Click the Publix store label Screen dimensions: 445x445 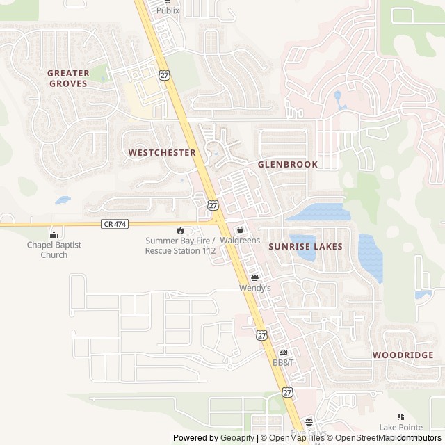[167, 10]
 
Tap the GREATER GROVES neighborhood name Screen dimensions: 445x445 [68, 78]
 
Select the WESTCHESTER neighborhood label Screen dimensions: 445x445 [162, 152]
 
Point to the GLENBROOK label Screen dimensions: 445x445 [287, 165]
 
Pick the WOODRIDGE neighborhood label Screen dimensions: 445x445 [403, 355]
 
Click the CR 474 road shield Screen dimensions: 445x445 [114, 223]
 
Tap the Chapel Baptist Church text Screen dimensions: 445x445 [54, 250]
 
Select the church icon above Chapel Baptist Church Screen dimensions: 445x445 [54, 234]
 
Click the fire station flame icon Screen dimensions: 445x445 [181, 230]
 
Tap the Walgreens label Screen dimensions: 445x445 [240, 241]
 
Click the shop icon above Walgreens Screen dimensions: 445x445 [240, 229]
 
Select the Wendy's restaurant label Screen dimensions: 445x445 [254, 287]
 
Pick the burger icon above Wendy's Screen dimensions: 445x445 [254, 277]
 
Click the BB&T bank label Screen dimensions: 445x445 [284, 363]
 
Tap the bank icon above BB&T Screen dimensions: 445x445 [283, 353]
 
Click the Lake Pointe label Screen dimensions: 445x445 [400, 427]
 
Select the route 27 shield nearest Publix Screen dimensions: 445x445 [163, 75]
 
